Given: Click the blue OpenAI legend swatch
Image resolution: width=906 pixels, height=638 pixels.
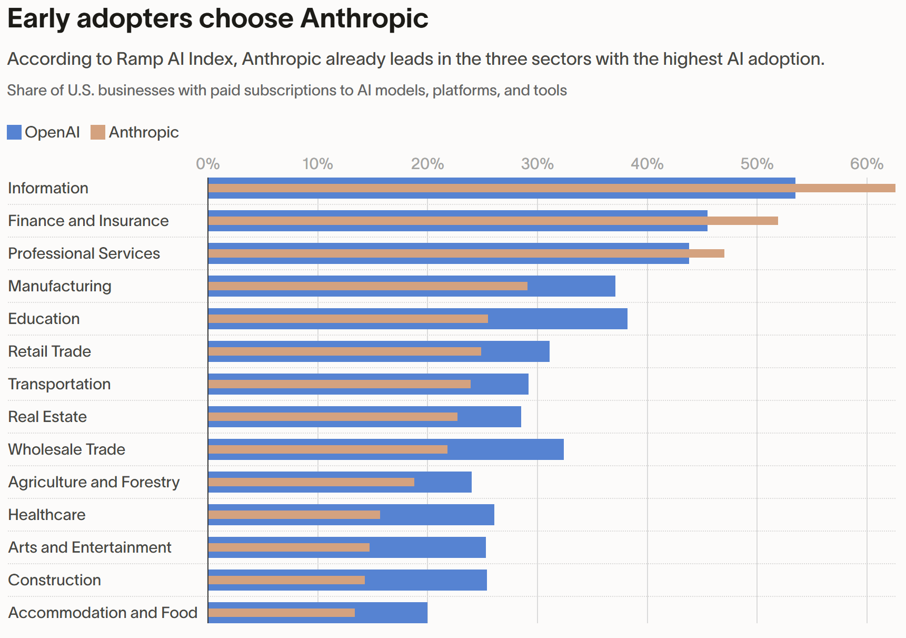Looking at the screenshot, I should point(14,132).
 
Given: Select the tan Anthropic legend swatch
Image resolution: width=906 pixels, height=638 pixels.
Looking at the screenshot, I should point(98,132).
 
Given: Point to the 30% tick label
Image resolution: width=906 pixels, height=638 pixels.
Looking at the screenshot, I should point(537,164).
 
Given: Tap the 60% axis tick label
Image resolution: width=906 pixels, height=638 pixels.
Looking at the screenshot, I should point(867,164).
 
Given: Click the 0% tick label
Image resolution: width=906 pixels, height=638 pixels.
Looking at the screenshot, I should point(208,164).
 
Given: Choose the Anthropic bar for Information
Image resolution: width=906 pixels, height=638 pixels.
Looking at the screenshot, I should point(552,188).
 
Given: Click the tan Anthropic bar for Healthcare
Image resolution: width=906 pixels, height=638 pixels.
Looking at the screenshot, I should point(294,515).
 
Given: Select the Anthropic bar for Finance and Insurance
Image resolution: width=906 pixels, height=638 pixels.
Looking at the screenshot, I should point(493,221).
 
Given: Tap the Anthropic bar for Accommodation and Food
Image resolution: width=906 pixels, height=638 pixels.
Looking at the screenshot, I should point(281,613).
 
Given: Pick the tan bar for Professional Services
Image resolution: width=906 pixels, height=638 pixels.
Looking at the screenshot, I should point(466,253).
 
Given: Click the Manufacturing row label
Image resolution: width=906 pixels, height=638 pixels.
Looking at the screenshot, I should point(60,286).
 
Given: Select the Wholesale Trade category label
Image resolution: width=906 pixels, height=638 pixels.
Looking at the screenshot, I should point(67,449).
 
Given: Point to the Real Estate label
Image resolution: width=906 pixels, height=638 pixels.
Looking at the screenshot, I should point(47,417).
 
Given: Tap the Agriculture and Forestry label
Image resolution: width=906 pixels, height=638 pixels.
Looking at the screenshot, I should point(94,482).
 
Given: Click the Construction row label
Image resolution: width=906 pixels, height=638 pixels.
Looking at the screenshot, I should point(55,580).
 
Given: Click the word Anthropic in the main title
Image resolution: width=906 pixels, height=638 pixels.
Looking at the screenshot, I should point(364,18).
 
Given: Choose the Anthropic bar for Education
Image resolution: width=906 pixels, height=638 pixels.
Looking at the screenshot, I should point(348,319).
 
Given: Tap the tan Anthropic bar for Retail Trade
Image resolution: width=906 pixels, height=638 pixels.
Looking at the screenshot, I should point(344,351).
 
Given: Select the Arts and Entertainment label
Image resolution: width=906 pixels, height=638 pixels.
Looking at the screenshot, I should point(90,547).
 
